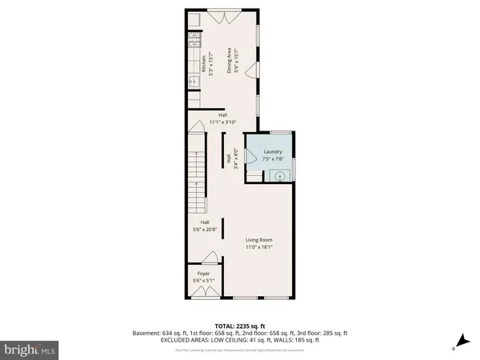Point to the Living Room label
(x=260, y=240)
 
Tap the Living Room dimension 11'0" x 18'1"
(x=260, y=247)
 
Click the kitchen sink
(x=192, y=80)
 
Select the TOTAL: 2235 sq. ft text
(x=239, y=325)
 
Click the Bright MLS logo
(x=30, y=349)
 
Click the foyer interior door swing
(x=211, y=257)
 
